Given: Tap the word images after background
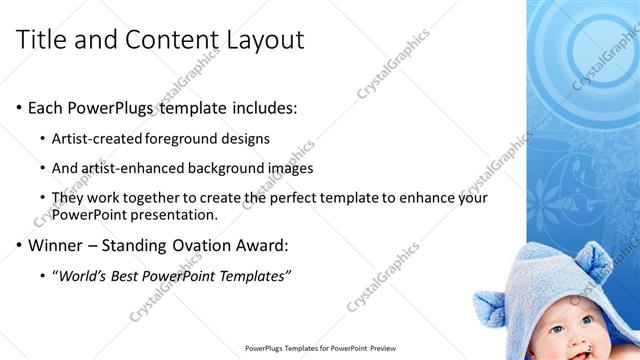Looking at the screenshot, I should pyautogui.click(x=290, y=168).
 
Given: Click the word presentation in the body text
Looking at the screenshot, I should pyautogui.click(x=175, y=214).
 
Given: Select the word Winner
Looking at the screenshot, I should pyautogui.click(x=57, y=245).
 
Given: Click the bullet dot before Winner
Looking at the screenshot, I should pyautogui.click(x=20, y=245).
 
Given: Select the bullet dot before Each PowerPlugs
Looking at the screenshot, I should pyautogui.click(x=20, y=108).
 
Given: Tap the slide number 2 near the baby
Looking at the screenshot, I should pyautogui.click(x=589, y=347).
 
